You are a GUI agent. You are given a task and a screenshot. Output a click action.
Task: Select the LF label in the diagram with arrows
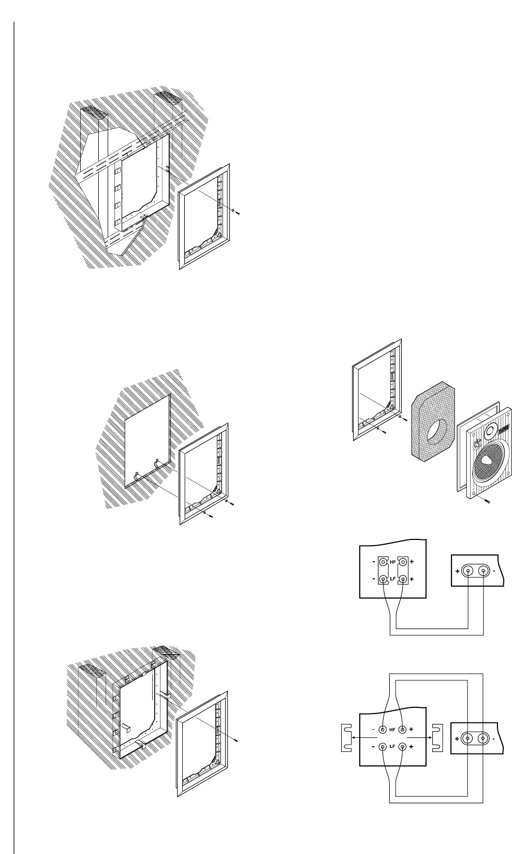(392, 747)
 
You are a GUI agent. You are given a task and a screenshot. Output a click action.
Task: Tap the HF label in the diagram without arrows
(392, 562)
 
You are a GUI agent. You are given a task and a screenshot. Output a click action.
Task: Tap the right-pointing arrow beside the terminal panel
(428, 738)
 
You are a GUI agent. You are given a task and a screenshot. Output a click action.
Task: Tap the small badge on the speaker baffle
(503, 427)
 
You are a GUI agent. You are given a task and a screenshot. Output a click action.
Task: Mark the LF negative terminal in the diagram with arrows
(383, 747)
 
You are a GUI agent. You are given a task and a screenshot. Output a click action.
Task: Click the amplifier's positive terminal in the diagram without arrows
(468, 571)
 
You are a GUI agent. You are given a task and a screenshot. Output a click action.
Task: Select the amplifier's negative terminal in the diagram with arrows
(484, 738)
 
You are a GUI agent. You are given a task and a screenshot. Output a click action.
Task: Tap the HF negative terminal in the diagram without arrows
(383, 562)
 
